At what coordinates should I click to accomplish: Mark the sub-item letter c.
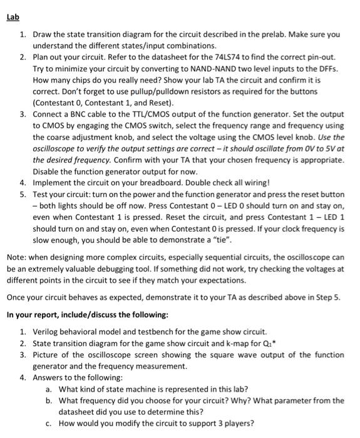point(49,423)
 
